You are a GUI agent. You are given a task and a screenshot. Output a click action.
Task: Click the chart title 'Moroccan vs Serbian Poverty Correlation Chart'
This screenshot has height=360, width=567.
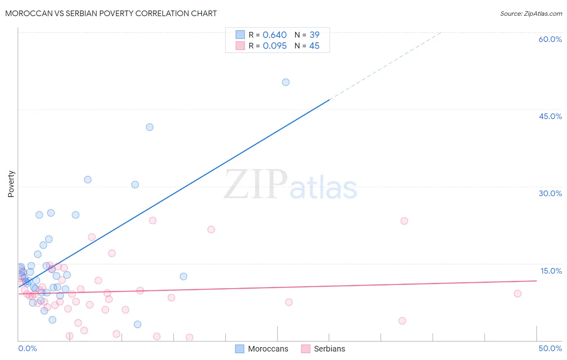click(111, 13)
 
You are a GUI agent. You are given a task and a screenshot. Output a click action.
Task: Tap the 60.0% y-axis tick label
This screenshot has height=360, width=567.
click(550, 39)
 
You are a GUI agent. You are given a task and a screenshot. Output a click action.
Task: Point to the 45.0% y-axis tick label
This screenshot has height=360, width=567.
click(550, 116)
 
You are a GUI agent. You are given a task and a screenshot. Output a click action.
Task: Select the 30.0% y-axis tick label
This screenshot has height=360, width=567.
click(550, 193)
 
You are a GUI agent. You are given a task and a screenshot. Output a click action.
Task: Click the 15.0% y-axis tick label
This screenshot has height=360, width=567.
click(551, 271)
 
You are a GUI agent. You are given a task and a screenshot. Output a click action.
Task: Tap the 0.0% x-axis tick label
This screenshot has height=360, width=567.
click(27, 348)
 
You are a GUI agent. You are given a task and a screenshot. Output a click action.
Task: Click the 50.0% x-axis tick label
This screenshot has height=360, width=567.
click(550, 348)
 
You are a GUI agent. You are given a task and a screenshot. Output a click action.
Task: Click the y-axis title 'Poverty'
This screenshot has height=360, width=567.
click(11, 184)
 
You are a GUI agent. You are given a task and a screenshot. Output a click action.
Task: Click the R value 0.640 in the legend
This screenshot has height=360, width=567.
click(275, 35)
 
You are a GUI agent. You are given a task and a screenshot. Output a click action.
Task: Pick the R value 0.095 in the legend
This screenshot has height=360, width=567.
click(275, 46)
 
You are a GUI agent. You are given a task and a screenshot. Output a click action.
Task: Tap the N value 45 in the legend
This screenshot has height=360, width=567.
click(314, 46)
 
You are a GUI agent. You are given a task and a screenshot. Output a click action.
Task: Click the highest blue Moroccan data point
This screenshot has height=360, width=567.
click(286, 82)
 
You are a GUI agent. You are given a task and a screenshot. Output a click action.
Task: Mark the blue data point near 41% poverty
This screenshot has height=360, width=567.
click(150, 127)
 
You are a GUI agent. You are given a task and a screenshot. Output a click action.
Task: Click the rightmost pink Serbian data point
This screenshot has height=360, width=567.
click(518, 293)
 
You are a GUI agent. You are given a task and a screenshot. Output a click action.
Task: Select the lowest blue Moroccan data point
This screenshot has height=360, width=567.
click(138, 324)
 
